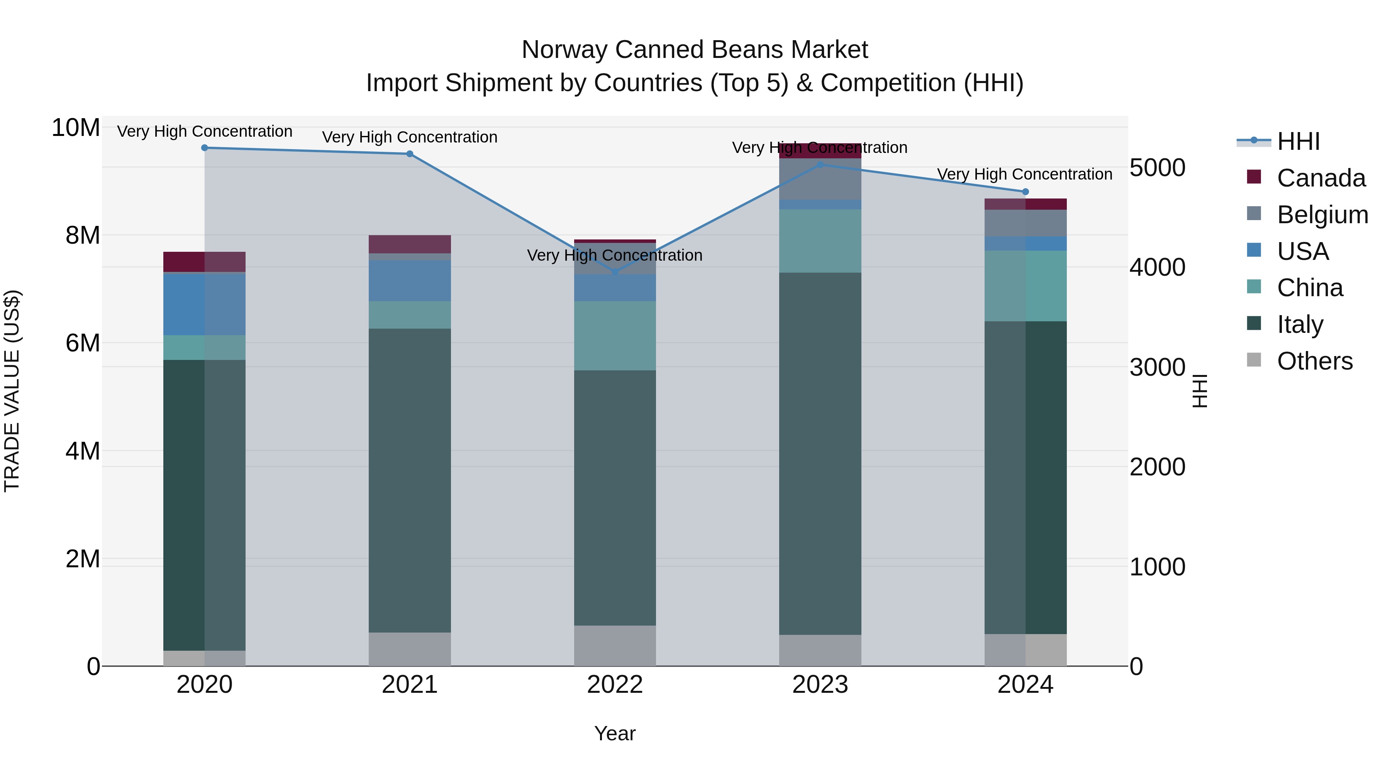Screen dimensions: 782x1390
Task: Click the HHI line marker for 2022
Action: point(615,272)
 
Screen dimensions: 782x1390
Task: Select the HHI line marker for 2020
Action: point(205,148)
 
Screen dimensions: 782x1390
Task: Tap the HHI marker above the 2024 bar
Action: point(1025,192)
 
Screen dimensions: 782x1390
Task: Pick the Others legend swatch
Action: point(1254,360)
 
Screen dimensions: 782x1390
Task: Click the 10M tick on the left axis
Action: point(76,129)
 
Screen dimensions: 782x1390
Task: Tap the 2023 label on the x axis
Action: point(820,685)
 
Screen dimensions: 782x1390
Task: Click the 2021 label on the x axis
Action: point(410,685)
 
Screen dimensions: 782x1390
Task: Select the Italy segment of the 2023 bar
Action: point(820,453)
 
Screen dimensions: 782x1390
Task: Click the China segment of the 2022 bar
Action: point(615,336)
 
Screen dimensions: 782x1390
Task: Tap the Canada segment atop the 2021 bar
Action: point(410,244)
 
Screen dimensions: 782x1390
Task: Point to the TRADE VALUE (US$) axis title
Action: point(12,391)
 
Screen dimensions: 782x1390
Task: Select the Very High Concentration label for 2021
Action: point(410,137)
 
